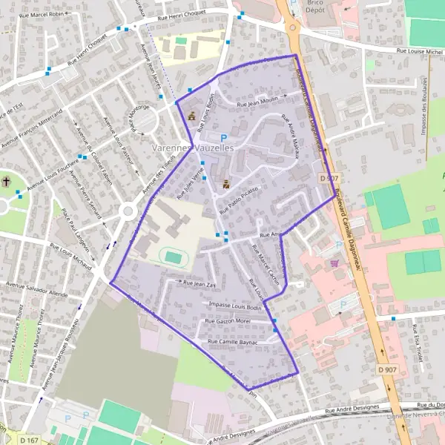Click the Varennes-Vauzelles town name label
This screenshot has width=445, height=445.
pos(192,148)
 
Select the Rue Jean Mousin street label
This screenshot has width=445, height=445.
pos(257,102)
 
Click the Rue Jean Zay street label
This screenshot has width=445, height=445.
pos(199,284)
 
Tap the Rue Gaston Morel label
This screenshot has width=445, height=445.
pos(228,320)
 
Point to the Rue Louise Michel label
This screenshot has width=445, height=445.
pos(419,51)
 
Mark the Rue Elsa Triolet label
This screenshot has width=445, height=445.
pos(419,346)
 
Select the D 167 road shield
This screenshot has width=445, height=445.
pos(29,440)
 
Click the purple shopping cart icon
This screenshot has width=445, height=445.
pos(334,263)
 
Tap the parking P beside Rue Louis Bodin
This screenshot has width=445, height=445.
pos(224,137)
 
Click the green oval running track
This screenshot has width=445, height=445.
pos(173,257)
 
